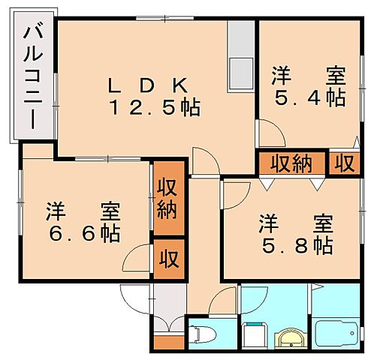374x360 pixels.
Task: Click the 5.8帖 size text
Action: point(297,244)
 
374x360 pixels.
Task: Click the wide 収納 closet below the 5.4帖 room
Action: point(292,163)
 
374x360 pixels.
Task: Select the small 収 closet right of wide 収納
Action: point(344,163)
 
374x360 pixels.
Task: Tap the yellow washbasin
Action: point(288,337)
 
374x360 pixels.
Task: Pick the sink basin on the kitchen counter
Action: point(242,71)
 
